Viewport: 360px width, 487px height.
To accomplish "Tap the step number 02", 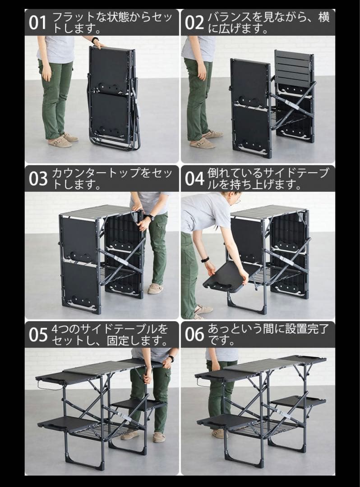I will (194, 22).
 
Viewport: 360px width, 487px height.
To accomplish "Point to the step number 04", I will (194, 179).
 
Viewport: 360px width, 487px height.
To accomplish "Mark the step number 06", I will (194, 335).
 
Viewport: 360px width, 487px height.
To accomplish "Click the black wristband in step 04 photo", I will (205, 259).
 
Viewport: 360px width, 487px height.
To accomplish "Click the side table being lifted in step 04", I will (228, 276).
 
